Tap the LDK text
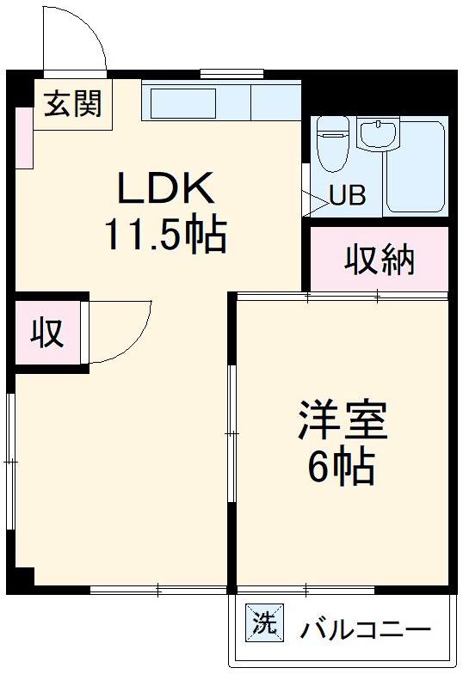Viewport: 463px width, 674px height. (164, 188)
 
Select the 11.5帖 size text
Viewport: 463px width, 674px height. (165, 234)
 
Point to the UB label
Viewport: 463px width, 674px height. (348, 197)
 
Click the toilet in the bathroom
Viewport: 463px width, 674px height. (331, 144)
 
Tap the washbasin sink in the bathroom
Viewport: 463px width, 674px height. (377, 135)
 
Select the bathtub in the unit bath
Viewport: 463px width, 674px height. (415, 166)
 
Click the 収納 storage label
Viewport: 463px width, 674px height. (380, 259)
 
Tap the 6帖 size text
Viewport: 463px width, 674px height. (342, 468)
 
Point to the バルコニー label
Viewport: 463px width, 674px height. (365, 630)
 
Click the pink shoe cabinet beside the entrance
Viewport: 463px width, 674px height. (23, 138)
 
